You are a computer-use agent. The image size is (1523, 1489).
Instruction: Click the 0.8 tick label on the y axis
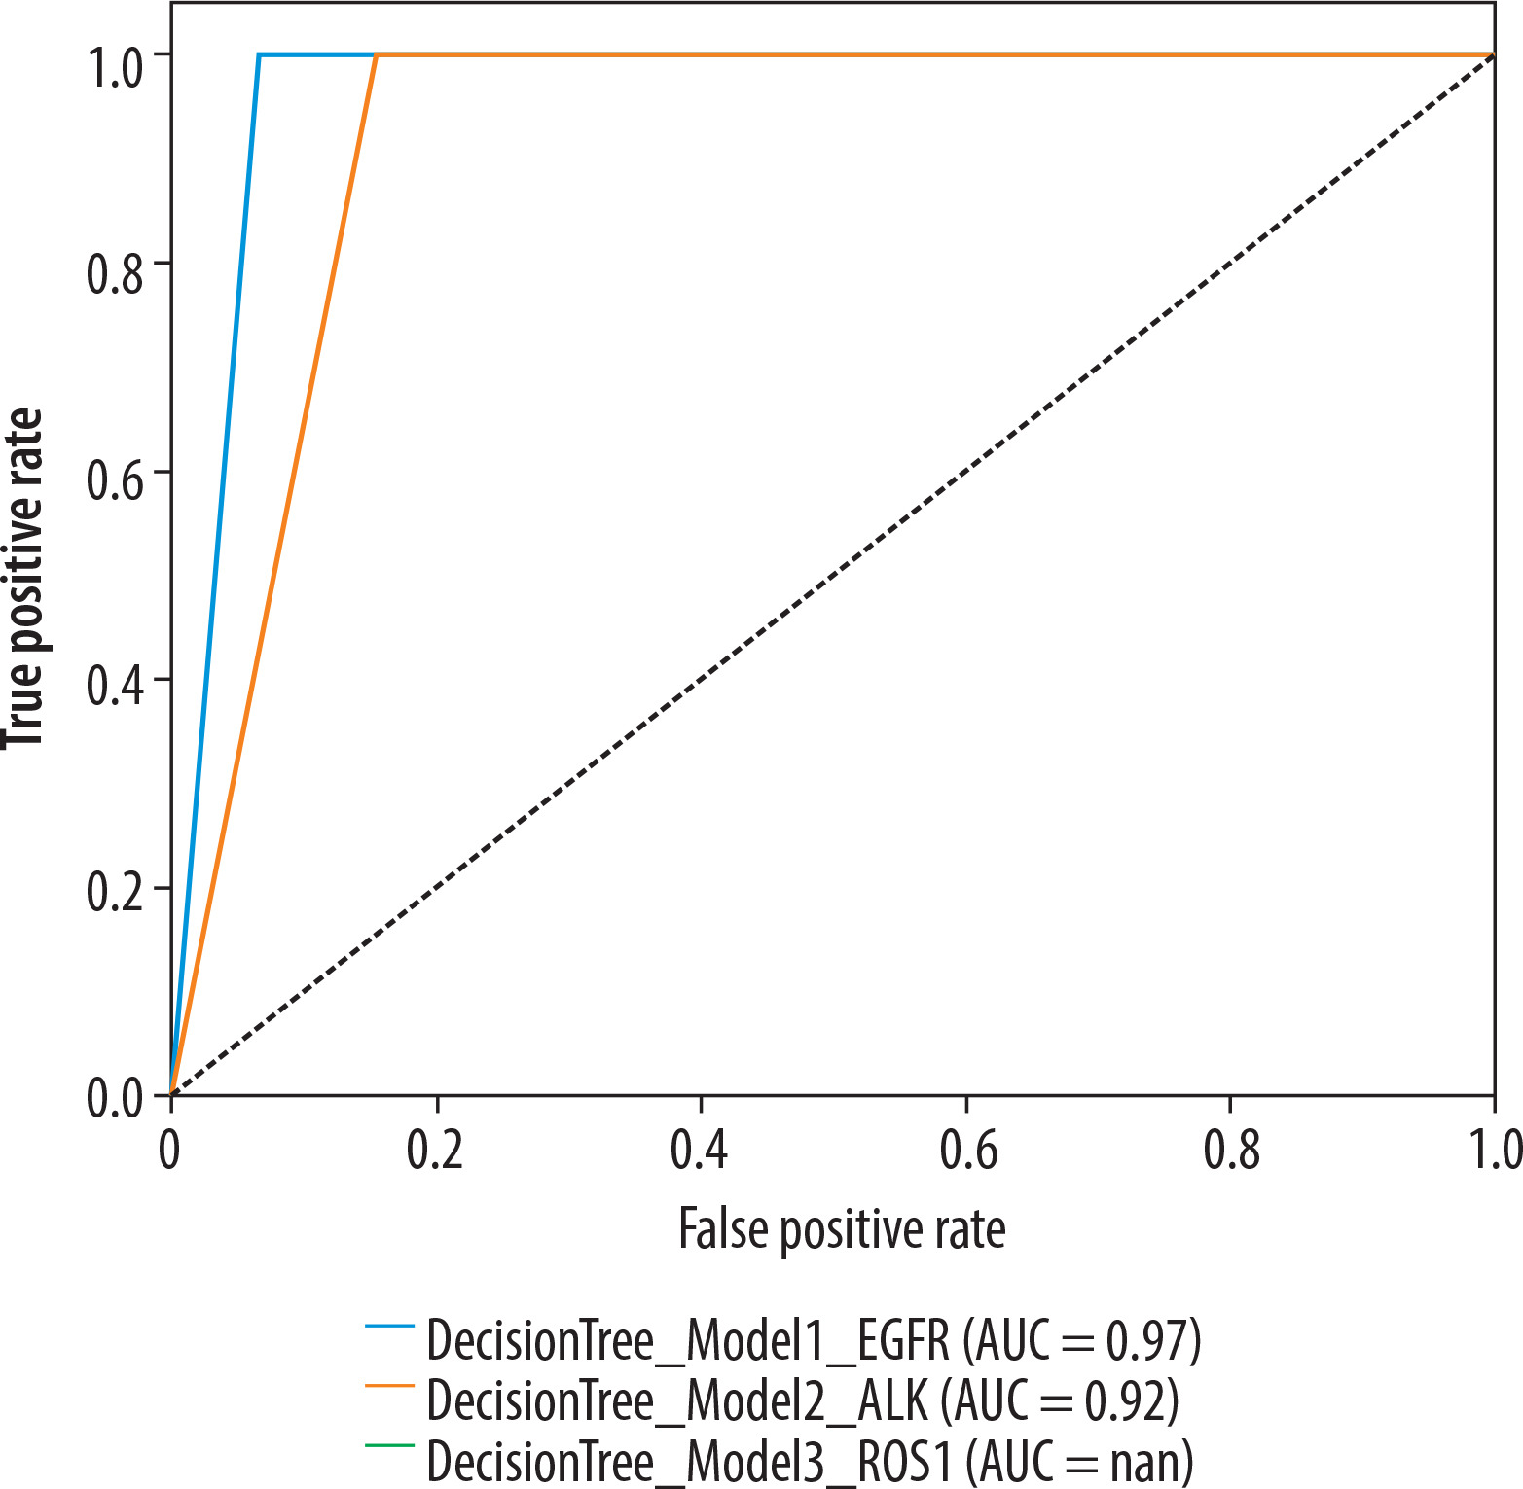click(115, 275)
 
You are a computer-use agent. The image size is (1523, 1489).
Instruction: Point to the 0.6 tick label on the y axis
click(115, 483)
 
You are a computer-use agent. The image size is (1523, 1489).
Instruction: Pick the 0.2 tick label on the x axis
click(435, 1150)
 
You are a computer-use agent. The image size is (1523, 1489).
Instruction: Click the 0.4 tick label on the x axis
click(700, 1150)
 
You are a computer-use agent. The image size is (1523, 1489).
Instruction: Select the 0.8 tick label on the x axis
click(1231, 1150)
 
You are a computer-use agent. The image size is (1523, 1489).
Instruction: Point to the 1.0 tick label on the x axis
click(1495, 1150)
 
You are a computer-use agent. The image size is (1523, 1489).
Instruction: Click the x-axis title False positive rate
click(842, 1229)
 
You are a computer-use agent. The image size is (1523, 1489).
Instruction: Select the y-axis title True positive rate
click(24, 579)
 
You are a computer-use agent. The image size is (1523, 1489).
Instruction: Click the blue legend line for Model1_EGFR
click(390, 1325)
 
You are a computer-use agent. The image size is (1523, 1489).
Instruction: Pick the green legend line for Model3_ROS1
click(390, 1445)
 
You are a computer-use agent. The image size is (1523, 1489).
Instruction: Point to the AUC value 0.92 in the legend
click(1124, 1401)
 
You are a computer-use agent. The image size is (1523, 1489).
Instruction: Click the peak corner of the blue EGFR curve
click(259, 55)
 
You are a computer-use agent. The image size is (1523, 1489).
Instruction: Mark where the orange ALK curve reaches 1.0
click(377, 55)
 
